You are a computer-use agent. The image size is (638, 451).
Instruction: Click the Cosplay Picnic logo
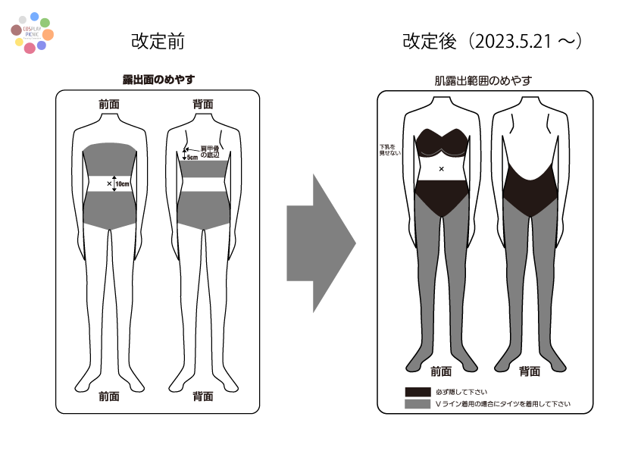coord(32,33)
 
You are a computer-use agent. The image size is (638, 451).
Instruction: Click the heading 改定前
coord(158,41)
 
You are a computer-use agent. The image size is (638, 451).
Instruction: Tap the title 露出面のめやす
coord(159,80)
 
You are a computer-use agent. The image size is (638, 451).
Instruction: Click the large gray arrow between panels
coord(321,243)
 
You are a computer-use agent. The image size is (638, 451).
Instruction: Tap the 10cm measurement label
coord(122,183)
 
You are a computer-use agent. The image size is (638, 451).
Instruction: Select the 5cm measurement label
coord(192,158)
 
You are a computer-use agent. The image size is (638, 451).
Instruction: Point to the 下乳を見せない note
coord(389,149)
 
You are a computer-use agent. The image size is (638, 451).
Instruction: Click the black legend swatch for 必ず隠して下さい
coord(417,392)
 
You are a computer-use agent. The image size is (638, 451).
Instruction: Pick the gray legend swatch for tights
coord(417,404)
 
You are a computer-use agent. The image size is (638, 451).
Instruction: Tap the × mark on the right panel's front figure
coord(442,168)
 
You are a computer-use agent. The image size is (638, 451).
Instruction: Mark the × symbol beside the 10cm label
coord(109,183)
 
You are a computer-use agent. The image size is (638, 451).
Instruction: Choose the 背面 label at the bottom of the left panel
coord(202,396)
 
